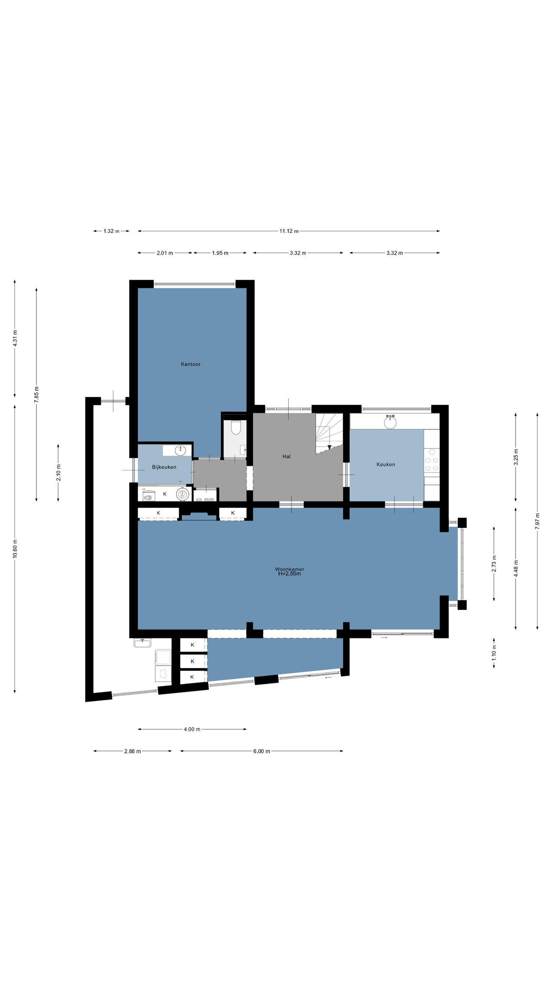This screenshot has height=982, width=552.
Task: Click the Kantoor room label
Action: tap(191, 364)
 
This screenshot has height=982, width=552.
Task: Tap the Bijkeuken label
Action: tap(164, 467)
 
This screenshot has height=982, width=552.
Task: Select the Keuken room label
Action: tap(386, 464)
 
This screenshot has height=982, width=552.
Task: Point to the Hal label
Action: tap(286, 456)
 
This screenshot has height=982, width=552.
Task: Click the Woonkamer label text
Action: tap(289, 569)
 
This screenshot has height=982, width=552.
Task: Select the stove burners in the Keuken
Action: tap(432, 460)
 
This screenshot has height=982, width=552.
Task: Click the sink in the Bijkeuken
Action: tap(180, 450)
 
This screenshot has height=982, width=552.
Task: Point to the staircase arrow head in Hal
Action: tap(329, 447)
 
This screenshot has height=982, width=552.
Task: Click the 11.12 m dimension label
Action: tap(289, 231)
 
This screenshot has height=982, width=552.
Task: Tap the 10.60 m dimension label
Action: tap(15, 549)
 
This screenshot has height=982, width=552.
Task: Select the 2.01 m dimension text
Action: tap(164, 253)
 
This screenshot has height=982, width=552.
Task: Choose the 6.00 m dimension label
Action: tap(261, 751)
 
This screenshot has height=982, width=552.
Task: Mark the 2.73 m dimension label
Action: tap(494, 563)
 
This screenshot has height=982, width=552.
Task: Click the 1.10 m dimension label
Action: tap(494, 652)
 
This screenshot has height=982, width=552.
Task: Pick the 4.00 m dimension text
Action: tap(192, 729)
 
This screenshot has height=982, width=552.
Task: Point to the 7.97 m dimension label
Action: tap(537, 521)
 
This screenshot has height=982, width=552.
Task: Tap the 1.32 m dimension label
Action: tap(111, 231)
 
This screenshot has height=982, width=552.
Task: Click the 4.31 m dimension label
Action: tap(15, 338)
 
